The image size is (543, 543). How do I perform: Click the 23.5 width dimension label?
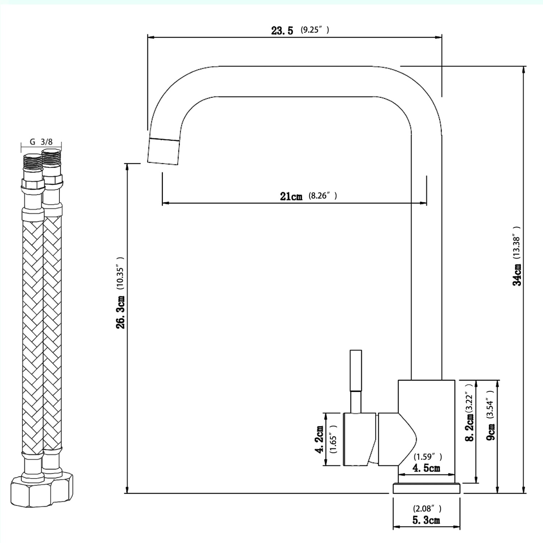pyautogui.click(x=282, y=31)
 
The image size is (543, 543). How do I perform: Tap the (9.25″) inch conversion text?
pyautogui.click(x=315, y=30)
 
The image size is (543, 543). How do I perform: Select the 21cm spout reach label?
pyautogui.click(x=291, y=197)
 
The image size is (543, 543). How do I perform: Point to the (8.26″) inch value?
pyautogui.click(x=323, y=196)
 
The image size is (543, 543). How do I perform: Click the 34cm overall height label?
pyautogui.click(x=517, y=275)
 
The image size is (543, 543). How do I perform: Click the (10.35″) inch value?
pyautogui.click(x=120, y=273)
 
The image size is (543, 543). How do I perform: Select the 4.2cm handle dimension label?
pyautogui.click(x=320, y=439)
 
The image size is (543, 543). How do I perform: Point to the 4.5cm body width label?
pyautogui.click(x=426, y=468)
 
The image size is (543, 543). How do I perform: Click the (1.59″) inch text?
pyautogui.click(x=428, y=457)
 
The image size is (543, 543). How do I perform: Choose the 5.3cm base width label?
pyautogui.click(x=426, y=521)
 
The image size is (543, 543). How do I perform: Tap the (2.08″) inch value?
pyautogui.click(x=427, y=509)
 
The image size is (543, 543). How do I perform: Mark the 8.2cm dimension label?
pyautogui.click(x=470, y=427)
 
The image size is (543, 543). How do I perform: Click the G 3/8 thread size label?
pyautogui.click(x=41, y=142)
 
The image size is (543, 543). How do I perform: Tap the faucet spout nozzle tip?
pyautogui.click(x=164, y=151)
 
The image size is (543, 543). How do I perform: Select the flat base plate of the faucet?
pyautogui.click(x=426, y=488)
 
